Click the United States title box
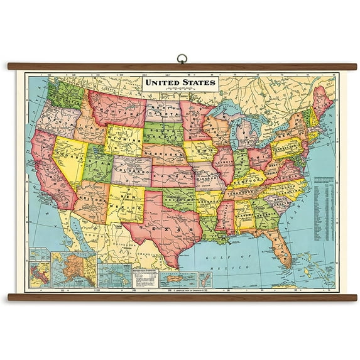(x=180, y=83)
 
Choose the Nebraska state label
(x=166, y=154)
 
